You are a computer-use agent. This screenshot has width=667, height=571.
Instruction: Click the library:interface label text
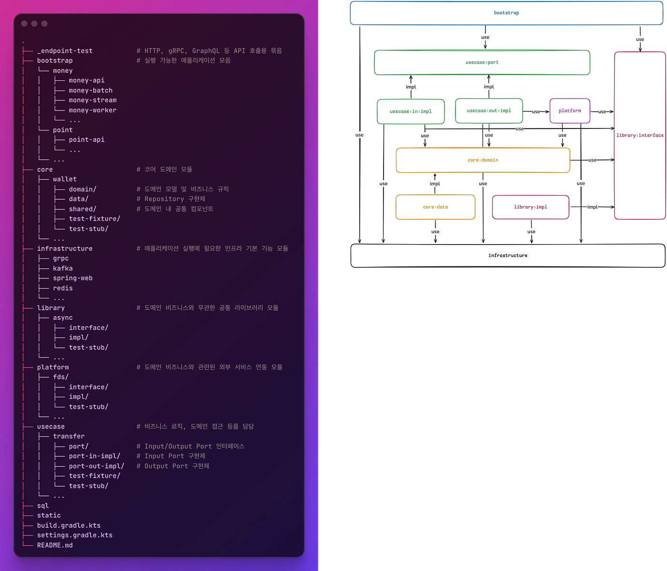click(x=639, y=135)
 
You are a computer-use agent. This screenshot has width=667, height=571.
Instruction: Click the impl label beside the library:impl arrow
click(x=592, y=207)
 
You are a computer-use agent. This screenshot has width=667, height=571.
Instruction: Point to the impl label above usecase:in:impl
click(x=411, y=87)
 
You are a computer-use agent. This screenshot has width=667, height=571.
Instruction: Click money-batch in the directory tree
click(x=91, y=90)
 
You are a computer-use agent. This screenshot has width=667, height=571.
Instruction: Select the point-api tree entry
click(x=87, y=139)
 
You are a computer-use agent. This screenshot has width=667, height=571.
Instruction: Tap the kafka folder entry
click(x=62, y=268)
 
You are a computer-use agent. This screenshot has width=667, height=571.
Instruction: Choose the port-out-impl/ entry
click(x=97, y=466)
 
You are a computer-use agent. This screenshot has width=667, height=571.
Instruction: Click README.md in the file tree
click(x=55, y=545)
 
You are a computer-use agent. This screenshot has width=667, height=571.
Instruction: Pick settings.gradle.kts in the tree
click(x=75, y=535)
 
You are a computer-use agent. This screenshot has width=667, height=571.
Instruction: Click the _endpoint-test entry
click(x=65, y=51)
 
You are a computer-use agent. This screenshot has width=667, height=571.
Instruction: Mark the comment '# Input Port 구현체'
click(x=171, y=456)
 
